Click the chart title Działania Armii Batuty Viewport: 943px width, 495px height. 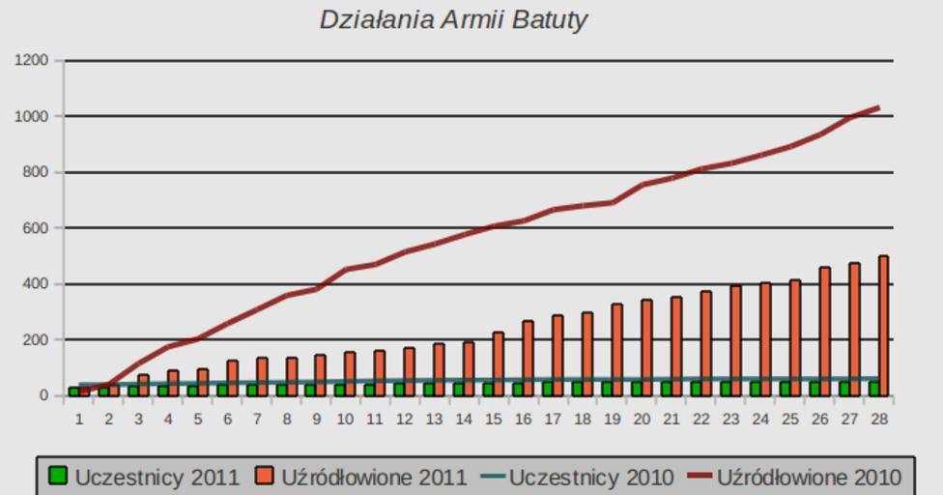(453, 19)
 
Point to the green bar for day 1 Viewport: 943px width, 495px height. (73, 392)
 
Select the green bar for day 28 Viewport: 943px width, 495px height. (874, 388)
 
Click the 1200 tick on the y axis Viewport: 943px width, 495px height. (32, 61)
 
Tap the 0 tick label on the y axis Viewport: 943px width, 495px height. (43, 395)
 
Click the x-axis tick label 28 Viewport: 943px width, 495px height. (878, 419)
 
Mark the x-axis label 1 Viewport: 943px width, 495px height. (79, 419)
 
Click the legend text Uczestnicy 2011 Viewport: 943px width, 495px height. (157, 477)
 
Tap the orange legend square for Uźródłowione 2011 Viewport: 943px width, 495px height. (265, 476)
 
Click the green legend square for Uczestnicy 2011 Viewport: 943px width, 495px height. (59, 476)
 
